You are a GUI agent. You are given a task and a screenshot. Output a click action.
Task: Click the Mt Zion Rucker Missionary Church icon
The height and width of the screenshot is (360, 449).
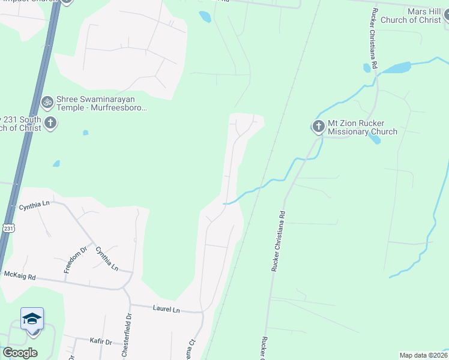(x=318, y=126)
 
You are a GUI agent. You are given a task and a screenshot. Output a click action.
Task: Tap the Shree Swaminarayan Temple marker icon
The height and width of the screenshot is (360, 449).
(x=47, y=102)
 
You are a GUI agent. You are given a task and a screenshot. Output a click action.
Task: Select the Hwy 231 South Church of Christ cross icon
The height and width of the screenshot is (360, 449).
(x=50, y=124)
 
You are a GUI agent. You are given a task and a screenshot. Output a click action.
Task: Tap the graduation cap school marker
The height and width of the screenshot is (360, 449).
(x=32, y=319)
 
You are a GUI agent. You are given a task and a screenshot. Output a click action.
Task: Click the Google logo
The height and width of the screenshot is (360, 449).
(x=20, y=353)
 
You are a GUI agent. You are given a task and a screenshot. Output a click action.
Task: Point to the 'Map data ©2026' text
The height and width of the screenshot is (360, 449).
(x=423, y=355)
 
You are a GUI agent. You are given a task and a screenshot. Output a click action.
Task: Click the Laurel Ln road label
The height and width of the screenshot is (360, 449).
(x=166, y=310)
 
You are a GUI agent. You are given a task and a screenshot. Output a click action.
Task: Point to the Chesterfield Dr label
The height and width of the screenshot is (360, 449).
(x=128, y=335)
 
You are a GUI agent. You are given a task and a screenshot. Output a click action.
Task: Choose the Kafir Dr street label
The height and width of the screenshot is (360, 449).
(x=100, y=341)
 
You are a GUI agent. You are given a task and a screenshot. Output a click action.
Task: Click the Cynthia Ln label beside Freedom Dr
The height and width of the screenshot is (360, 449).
(x=107, y=259)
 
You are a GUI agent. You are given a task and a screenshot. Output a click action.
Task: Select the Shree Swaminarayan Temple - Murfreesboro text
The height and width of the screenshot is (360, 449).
(x=101, y=104)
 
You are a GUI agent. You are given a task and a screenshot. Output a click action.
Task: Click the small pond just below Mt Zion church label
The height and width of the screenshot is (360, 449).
(x=375, y=139)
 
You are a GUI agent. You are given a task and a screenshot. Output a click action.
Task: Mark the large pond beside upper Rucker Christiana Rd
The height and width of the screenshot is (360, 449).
(x=395, y=67)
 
